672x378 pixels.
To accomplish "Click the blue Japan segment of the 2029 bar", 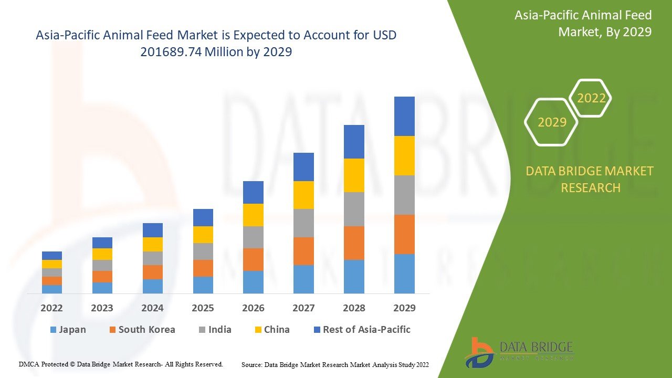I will click(x=404, y=274).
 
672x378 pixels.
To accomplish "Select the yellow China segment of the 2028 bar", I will click(x=354, y=175).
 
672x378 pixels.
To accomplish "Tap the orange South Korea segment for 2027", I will click(x=303, y=251).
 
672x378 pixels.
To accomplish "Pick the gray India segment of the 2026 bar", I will click(x=253, y=237).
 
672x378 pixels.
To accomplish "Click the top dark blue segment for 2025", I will click(x=203, y=217).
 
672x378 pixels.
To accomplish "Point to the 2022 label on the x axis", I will click(x=51, y=308).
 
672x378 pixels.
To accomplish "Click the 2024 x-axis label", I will click(x=152, y=308).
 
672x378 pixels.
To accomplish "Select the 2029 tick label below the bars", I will click(x=404, y=308).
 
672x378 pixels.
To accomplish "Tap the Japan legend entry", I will click(x=68, y=330).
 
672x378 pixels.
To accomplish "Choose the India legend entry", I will click(x=215, y=330).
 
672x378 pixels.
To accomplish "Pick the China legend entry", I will click(x=271, y=330).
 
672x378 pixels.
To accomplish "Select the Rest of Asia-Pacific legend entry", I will click(x=362, y=330).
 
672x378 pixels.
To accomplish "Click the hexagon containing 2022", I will click(x=591, y=98).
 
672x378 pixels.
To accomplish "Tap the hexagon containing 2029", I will click(x=552, y=122).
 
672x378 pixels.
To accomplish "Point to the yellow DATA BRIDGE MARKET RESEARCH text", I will click(x=590, y=179).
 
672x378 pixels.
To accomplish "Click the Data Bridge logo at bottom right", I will click(x=519, y=352).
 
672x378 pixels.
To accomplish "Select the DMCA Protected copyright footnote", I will click(x=121, y=364).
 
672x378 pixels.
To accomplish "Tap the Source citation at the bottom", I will click(x=335, y=364).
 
